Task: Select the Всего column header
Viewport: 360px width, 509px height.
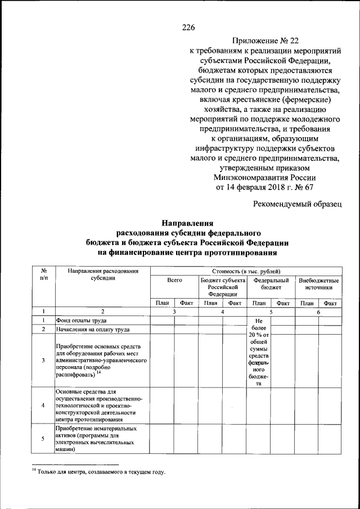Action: [174, 280]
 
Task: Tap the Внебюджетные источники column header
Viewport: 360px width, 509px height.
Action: [318, 283]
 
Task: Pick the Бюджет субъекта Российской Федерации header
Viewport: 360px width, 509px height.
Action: [223, 286]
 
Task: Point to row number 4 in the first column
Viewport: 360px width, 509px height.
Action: [43, 405]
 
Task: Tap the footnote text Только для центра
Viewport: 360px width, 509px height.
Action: [101, 472]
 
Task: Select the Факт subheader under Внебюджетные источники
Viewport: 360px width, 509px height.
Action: [330, 303]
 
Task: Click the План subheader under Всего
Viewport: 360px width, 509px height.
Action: [162, 303]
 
